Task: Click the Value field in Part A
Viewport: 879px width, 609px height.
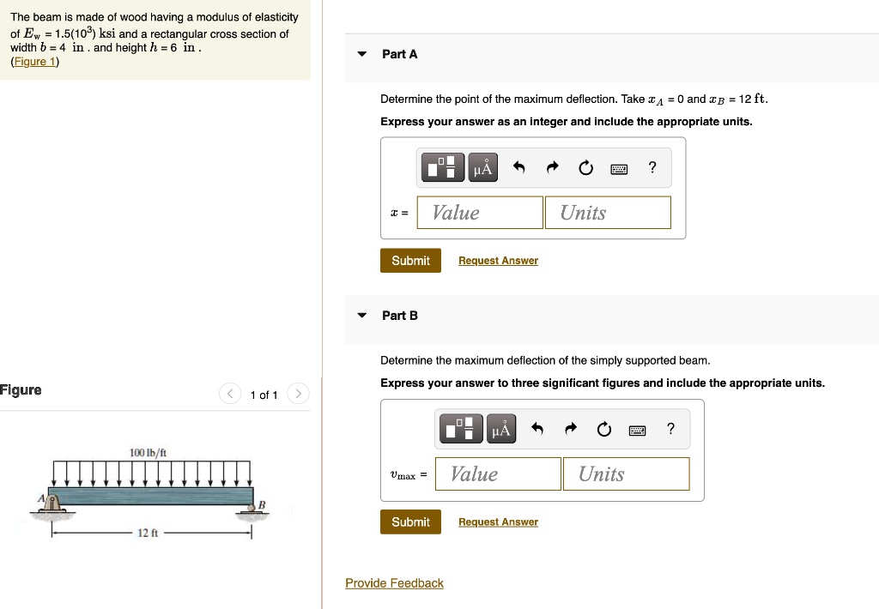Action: (480, 213)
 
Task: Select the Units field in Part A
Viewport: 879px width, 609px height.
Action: (607, 213)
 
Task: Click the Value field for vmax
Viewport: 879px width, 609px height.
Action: (498, 474)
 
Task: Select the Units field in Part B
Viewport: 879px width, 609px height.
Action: (626, 474)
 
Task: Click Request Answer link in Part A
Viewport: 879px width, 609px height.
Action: (498, 261)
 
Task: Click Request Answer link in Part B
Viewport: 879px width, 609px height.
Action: (498, 522)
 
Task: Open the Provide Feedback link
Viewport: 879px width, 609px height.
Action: (394, 583)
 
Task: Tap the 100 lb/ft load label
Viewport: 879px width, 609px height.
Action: (148, 452)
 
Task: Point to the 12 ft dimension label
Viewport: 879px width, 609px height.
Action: (148, 533)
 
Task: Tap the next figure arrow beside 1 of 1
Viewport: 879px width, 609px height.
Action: (297, 395)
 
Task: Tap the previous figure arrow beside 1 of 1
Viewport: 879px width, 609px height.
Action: (230, 395)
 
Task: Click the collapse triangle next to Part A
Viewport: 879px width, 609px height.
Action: (362, 54)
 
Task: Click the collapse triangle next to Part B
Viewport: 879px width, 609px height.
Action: (362, 316)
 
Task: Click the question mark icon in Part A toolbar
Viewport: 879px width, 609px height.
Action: (652, 168)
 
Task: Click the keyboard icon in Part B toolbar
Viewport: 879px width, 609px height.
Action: (637, 430)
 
